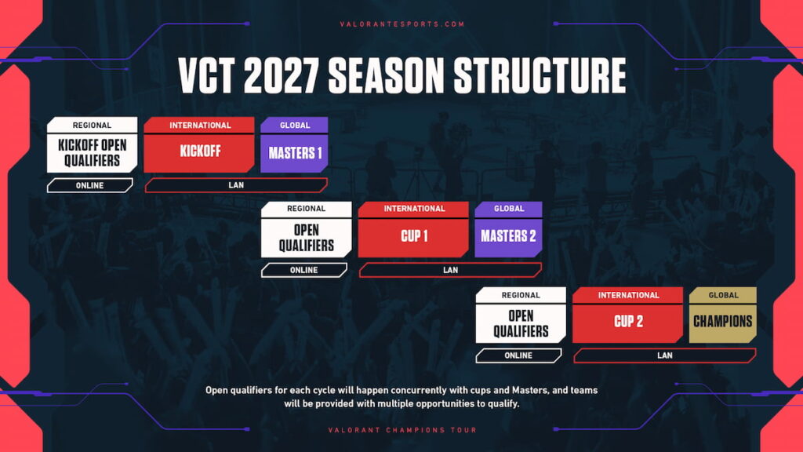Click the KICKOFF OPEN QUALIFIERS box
click(x=92, y=153)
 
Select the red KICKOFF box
click(x=199, y=152)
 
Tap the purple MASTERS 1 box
click(x=294, y=153)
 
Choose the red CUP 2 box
click(x=627, y=322)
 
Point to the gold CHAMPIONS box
click(x=722, y=322)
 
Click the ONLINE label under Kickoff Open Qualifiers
click(x=90, y=186)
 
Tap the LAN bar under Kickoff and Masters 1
click(x=236, y=186)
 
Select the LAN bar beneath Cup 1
click(x=450, y=270)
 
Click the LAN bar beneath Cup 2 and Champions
click(x=664, y=355)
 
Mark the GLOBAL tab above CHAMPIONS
click(x=722, y=295)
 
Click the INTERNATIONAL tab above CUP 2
click(x=628, y=295)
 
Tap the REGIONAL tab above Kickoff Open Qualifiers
click(x=92, y=125)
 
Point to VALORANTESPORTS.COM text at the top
click(x=402, y=24)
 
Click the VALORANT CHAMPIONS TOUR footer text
click(x=402, y=430)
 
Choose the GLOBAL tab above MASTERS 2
click(x=508, y=209)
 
